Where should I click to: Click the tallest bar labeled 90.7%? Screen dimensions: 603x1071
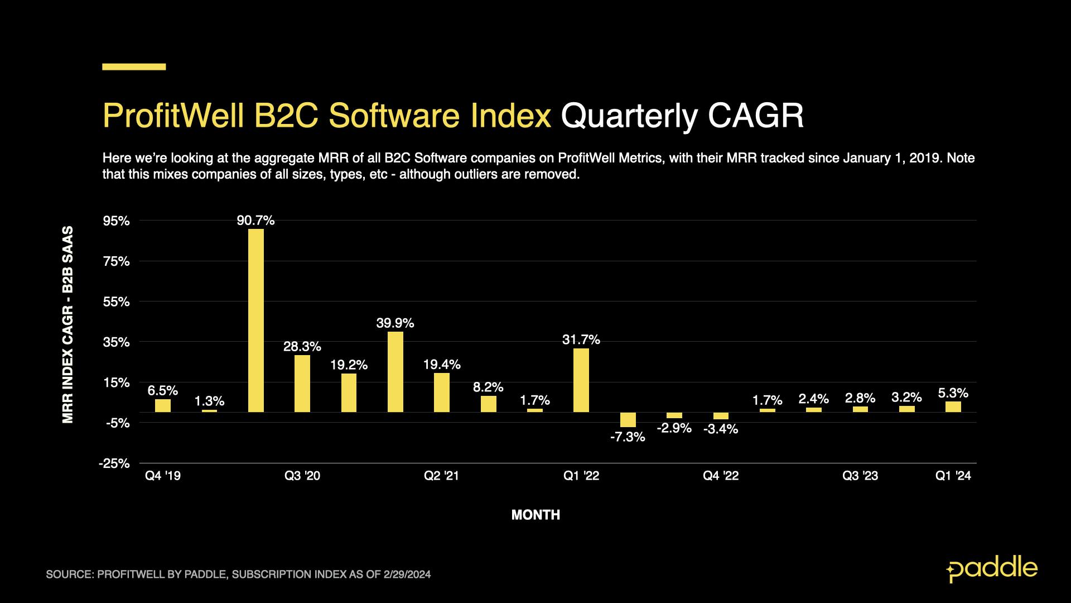click(256, 320)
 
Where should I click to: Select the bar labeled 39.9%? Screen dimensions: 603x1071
click(395, 372)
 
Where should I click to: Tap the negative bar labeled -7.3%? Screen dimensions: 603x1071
click(628, 420)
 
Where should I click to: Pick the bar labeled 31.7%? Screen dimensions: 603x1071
click(581, 380)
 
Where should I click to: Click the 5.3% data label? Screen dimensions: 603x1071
click(953, 393)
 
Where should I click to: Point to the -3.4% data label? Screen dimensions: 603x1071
click(721, 429)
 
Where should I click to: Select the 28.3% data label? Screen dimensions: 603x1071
click(302, 346)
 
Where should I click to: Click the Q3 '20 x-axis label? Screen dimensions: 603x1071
click(302, 476)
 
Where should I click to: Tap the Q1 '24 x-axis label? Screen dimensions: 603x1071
click(953, 476)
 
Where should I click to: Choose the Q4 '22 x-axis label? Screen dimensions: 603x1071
click(721, 476)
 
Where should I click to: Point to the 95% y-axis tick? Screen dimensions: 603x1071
click(117, 221)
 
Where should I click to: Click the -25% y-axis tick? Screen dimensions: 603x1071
click(114, 463)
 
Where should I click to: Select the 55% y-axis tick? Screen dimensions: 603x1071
click(117, 302)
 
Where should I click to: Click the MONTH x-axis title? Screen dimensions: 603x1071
click(535, 515)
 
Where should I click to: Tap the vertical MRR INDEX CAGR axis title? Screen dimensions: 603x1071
click(67, 324)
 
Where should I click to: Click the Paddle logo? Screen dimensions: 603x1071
click(992, 569)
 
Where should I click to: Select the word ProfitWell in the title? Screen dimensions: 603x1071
click(173, 116)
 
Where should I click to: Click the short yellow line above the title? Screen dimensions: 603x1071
click(134, 67)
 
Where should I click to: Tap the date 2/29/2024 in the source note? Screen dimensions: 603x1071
click(407, 574)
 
